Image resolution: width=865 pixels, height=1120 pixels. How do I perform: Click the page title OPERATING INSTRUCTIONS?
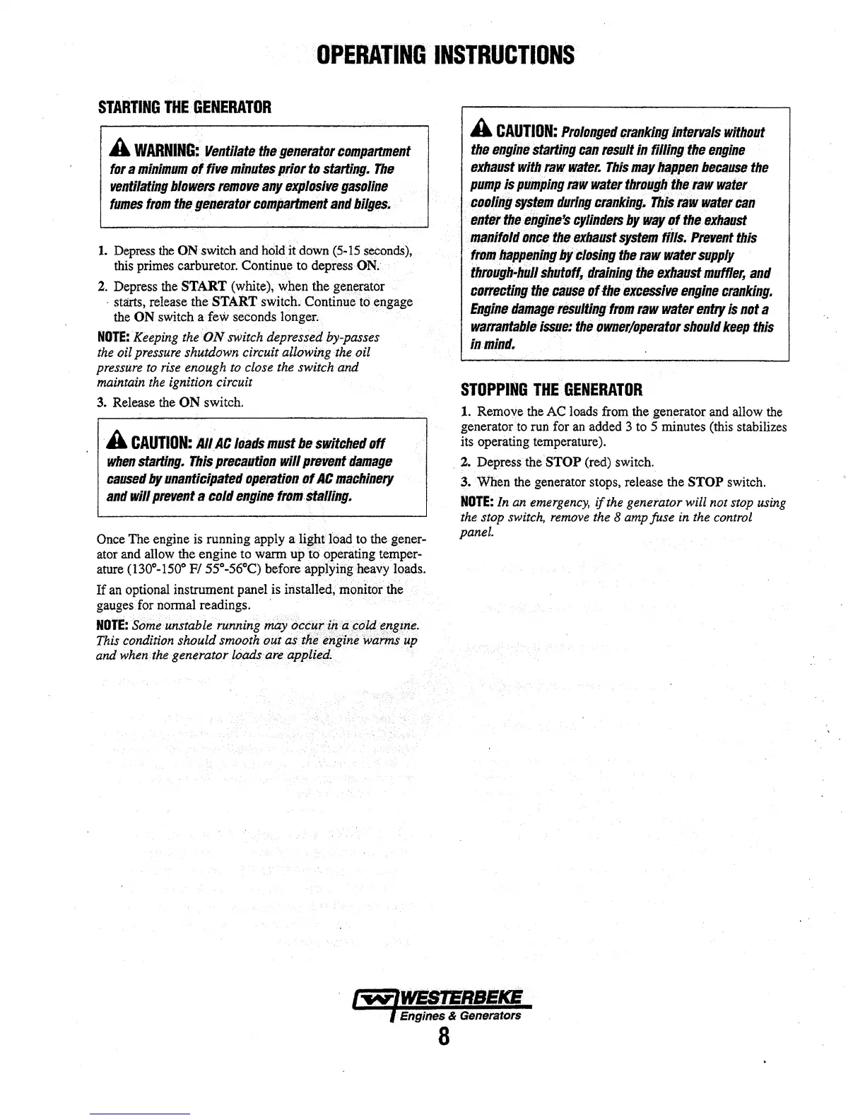[x=445, y=54]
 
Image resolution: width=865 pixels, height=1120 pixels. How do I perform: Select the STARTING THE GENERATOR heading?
[x=184, y=108]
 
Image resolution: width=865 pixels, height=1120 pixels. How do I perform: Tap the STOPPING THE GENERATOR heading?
[x=551, y=390]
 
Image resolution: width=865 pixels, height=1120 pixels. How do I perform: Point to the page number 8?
[x=443, y=1037]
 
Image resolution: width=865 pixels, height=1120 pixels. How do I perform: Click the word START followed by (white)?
[x=204, y=286]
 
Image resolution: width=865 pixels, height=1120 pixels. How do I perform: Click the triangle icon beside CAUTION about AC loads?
[x=116, y=442]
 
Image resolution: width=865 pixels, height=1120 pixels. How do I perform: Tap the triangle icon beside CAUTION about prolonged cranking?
[x=480, y=131]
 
